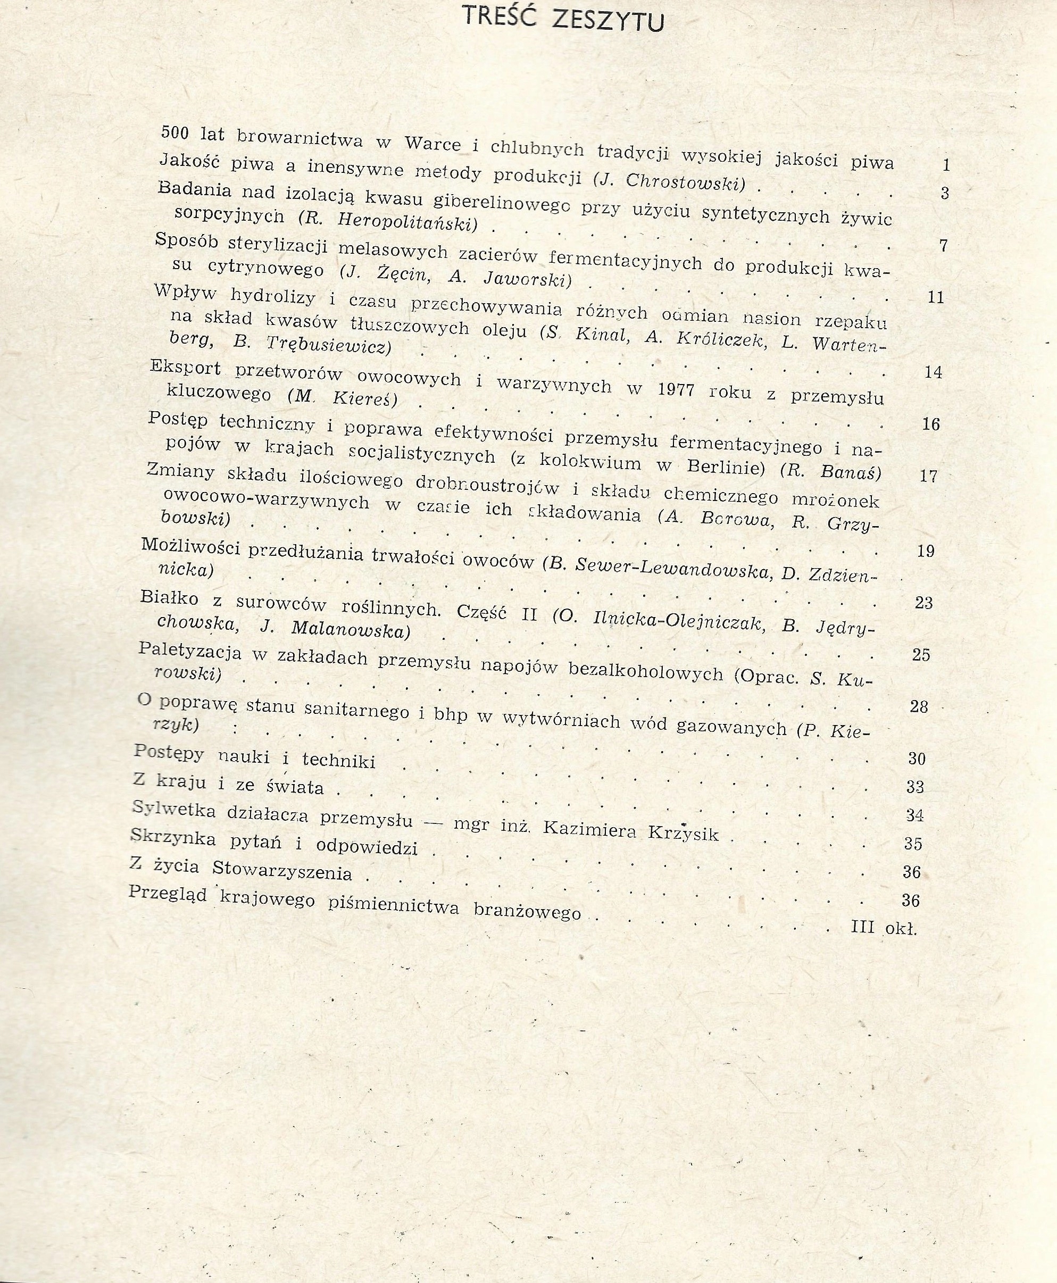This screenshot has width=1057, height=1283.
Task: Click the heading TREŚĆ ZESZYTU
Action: (x=563, y=18)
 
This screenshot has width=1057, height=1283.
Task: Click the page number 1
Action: (x=946, y=164)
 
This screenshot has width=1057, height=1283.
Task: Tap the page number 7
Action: (x=943, y=245)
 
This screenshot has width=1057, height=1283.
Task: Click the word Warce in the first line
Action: (x=433, y=144)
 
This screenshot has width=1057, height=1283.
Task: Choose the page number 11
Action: (x=935, y=297)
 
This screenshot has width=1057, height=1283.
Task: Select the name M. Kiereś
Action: (x=343, y=398)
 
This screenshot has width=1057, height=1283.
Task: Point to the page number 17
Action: (x=928, y=476)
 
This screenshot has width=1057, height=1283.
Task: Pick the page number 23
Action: (x=923, y=603)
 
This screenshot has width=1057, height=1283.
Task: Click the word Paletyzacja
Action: (x=190, y=652)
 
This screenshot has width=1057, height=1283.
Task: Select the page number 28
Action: (x=919, y=707)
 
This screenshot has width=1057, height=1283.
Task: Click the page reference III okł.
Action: (x=884, y=928)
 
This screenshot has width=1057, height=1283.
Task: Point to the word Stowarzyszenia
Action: (x=282, y=871)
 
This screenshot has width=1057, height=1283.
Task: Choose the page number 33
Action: (x=915, y=787)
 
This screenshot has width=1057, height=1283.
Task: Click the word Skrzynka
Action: (x=173, y=838)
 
